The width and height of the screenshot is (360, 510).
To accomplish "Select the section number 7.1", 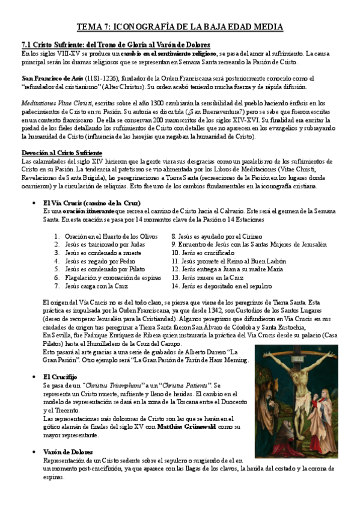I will pyautogui.click(x=26, y=45).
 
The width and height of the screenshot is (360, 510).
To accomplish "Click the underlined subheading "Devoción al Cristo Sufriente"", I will pyautogui.click(x=61, y=153).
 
